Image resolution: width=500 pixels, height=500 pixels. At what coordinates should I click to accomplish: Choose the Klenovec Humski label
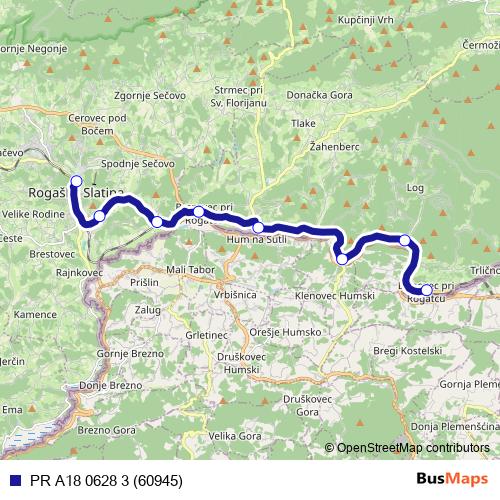[335, 296]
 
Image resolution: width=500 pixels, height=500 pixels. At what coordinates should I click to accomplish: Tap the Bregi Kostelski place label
[406, 351]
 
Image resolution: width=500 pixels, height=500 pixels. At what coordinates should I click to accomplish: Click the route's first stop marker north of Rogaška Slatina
[76, 181]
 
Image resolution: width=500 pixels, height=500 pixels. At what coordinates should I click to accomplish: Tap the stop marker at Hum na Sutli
[259, 227]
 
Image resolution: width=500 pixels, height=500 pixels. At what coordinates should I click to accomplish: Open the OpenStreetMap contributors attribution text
[413, 447]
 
